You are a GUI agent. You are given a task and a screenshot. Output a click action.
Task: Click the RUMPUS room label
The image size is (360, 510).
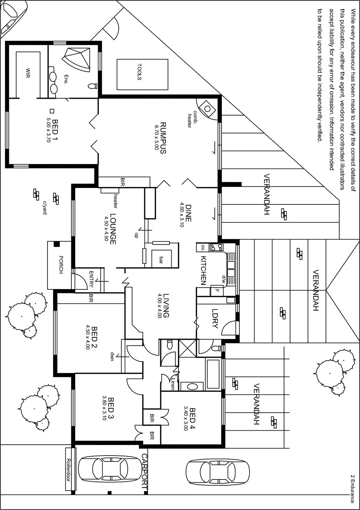(163, 138)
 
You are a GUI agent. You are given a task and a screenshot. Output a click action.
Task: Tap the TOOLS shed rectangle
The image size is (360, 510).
(142, 74)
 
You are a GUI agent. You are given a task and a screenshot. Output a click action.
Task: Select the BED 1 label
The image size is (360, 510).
(55, 130)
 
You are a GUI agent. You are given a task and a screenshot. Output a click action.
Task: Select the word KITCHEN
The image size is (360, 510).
(203, 270)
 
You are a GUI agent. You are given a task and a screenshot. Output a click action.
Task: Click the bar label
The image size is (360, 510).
(161, 260)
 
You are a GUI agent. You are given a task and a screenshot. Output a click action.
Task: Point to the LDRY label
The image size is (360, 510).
(215, 318)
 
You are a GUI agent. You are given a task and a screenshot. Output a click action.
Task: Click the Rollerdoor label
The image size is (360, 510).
(69, 469)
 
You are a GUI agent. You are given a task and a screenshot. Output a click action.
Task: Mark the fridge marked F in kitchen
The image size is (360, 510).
(217, 291)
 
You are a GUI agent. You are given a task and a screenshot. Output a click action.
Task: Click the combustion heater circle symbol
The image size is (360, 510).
(207, 109)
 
